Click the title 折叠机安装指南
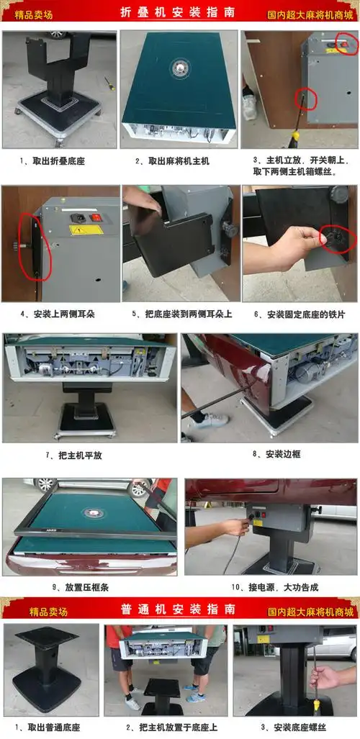[x=179, y=13]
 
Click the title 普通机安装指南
[x=179, y=609]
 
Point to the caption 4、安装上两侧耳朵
[x=54, y=314]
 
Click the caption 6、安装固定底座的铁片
[x=299, y=314]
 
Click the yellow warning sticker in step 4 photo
[x=86, y=230]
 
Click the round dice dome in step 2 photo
[x=179, y=68]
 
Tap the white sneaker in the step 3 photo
[x=249, y=106]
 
